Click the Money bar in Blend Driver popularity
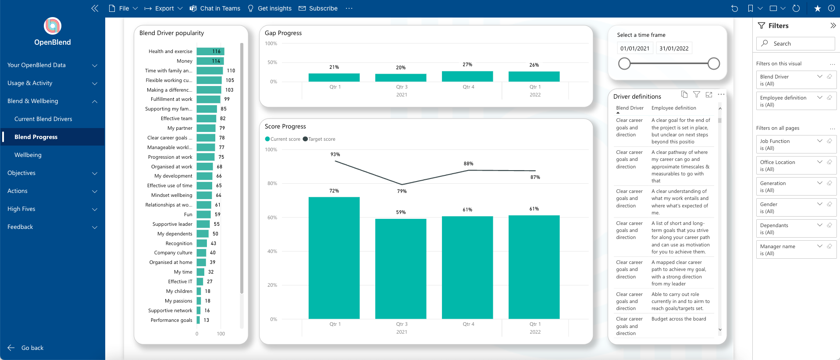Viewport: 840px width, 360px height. coord(210,61)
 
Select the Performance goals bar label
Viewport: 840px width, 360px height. coord(171,320)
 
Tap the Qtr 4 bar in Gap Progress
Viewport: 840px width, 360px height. coord(467,76)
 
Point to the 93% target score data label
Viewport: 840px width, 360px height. coord(335,154)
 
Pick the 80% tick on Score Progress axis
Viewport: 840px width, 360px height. coord(272,183)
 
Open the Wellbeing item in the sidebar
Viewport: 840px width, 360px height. coord(28,155)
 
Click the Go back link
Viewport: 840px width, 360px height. coord(32,348)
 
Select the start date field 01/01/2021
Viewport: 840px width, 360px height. coord(634,48)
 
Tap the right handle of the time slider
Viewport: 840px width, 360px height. coord(714,64)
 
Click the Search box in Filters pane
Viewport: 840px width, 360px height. coord(796,43)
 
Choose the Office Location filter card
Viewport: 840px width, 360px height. coord(796,165)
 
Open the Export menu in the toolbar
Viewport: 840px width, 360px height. coord(164,8)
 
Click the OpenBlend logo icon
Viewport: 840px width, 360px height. coord(53,26)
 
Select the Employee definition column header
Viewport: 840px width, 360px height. coord(673,108)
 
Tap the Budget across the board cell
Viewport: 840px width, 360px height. coord(679,319)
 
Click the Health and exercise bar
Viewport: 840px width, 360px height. coord(210,51)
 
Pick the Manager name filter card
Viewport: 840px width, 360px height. coord(796,250)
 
